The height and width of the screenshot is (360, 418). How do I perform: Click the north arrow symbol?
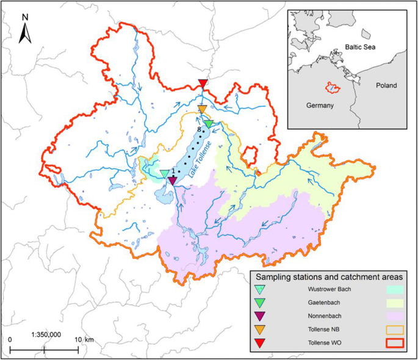tap(25, 31)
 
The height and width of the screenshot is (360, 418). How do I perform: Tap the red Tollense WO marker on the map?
tap(203, 84)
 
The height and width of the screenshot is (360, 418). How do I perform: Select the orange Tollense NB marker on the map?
tap(202, 109)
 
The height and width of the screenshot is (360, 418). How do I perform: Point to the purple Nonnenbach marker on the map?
tap(172, 181)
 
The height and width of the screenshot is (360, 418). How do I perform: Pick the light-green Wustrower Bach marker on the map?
tap(164, 175)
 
